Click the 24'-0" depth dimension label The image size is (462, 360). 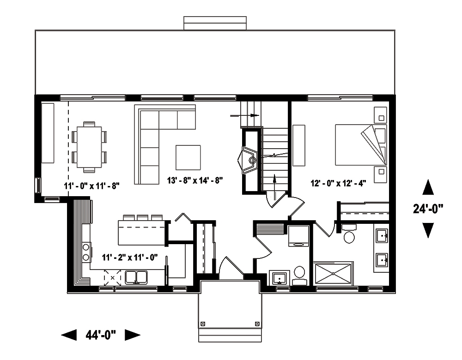tap(428, 209)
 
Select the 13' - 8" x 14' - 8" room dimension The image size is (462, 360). tap(195, 180)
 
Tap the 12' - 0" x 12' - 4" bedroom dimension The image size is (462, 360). tap(338, 183)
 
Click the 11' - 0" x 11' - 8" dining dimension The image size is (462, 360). tap(92, 186)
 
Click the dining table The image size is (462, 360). tap(89, 146)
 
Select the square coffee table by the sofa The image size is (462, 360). tap(188, 157)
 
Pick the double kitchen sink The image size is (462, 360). tap(136, 277)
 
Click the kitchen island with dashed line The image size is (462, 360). tap(142, 232)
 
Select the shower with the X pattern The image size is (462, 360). tap(333, 275)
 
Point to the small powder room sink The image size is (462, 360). tap(279, 278)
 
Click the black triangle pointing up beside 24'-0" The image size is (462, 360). tap(428, 187)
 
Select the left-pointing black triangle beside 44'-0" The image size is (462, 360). tap(69, 335)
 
